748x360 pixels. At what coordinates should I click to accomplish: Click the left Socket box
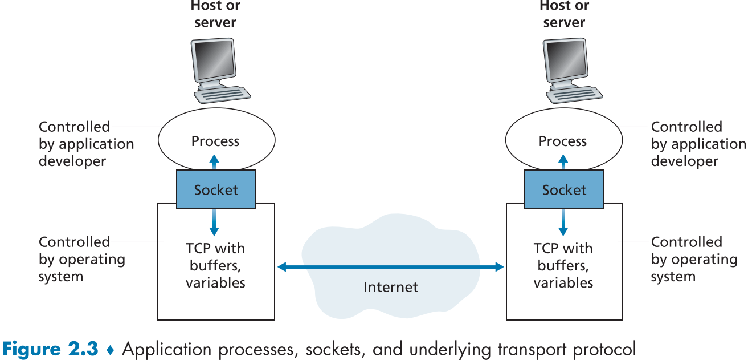[216, 190]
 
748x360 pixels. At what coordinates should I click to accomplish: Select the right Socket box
[564, 190]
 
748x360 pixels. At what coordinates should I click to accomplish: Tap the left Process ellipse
[215, 140]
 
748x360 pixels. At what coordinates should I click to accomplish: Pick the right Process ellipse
[563, 140]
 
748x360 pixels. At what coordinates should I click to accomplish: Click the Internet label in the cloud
[391, 287]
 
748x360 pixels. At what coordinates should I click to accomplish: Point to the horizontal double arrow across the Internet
[391, 266]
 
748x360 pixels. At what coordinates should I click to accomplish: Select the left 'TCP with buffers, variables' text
[215, 265]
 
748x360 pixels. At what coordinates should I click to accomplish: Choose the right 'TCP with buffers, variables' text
[563, 265]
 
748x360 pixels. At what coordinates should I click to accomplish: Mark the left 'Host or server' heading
[215, 14]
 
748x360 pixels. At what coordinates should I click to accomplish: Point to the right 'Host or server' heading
[564, 14]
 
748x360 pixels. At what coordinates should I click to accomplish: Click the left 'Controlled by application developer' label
[85, 144]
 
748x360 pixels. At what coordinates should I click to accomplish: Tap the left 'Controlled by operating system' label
[81, 259]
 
